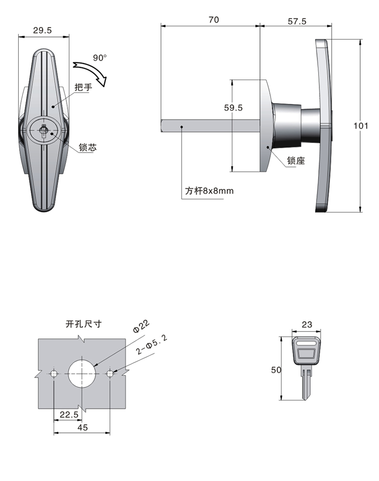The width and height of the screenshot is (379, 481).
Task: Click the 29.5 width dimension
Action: click(42, 30)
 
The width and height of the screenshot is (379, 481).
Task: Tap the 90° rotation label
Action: click(100, 58)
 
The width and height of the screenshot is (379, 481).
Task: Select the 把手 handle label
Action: click(83, 87)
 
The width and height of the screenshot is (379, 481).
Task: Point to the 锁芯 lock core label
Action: click(88, 147)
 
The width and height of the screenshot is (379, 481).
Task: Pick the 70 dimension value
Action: click(214, 20)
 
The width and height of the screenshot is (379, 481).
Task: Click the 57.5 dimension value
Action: click(297, 21)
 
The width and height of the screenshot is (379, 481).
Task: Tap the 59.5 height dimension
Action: click(233, 108)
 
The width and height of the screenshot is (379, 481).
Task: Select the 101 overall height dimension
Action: click(361, 126)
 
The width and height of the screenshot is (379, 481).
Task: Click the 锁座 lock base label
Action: click(296, 161)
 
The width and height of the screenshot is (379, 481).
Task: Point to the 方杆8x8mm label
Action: click(209, 191)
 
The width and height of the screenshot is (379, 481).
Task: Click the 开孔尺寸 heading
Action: click(83, 324)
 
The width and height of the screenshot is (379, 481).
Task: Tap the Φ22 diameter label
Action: click(141, 326)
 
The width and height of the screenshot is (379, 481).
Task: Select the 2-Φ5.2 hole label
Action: click(152, 345)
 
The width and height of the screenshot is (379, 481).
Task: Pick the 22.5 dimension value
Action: click(69, 415)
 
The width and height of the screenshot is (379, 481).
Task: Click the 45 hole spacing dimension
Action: click(83, 427)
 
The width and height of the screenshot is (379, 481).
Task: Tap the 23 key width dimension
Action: click(307, 325)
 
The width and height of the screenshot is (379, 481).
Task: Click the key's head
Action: click(306, 351)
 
